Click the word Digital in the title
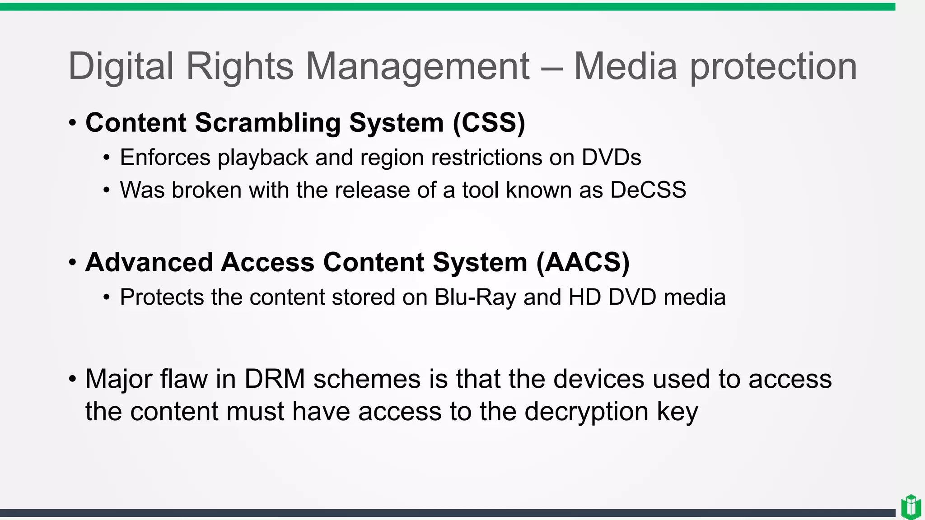point(121,67)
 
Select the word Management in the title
point(417,67)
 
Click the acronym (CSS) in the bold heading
point(489,123)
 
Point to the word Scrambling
point(267,123)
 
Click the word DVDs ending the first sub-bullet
point(611,158)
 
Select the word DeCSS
point(648,190)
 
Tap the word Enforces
point(165,158)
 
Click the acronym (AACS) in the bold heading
point(583,263)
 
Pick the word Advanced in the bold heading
point(149,263)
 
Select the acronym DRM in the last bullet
point(275,379)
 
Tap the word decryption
point(586,412)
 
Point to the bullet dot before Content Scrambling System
point(73,123)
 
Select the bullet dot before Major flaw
point(73,379)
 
